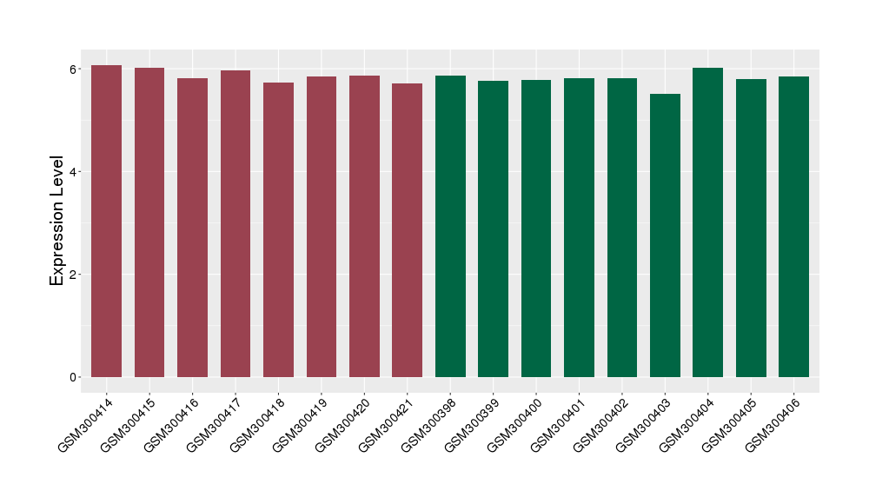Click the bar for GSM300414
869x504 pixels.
(x=106, y=222)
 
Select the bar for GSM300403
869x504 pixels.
(x=665, y=235)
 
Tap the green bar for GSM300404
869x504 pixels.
(x=707, y=222)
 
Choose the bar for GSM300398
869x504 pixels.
(x=450, y=226)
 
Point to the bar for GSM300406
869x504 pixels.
(x=793, y=227)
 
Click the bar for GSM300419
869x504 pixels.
(x=321, y=227)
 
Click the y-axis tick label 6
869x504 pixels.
(x=75, y=70)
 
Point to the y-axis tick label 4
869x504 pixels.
(x=75, y=172)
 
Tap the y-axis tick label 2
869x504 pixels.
(x=75, y=275)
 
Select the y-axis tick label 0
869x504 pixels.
(x=75, y=377)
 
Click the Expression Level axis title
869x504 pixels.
(x=57, y=221)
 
